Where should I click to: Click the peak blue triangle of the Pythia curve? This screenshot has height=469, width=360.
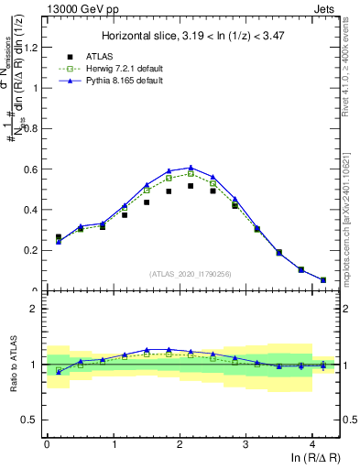(x=191, y=168)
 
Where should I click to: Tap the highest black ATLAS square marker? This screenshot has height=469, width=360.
(x=191, y=186)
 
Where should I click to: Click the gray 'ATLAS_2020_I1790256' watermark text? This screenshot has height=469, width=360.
(x=191, y=273)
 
